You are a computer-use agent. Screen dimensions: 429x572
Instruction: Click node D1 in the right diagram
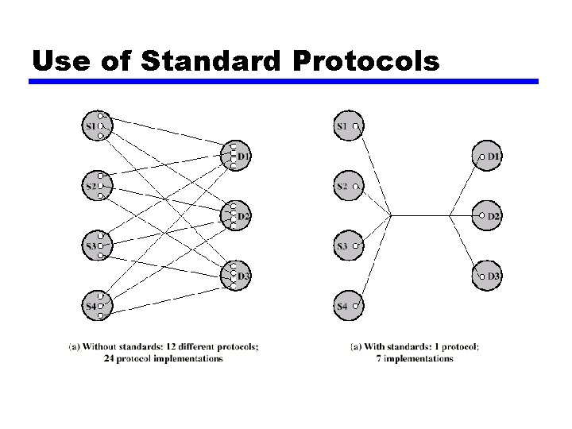488,157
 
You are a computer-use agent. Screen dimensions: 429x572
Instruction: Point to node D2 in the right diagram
488,215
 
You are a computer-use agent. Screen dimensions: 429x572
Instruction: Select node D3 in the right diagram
488,276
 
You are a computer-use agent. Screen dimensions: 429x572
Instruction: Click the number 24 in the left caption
110,358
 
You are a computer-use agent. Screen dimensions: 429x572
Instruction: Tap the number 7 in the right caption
379,358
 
